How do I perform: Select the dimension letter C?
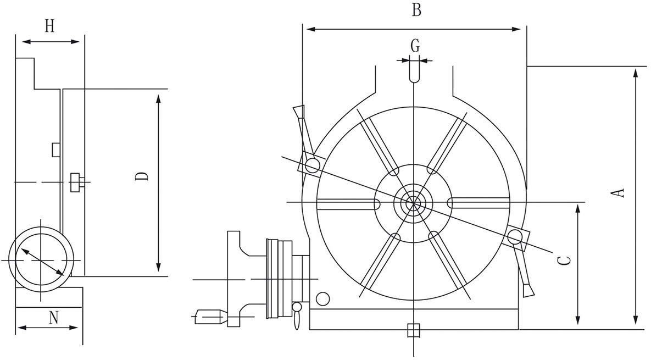click(564, 261)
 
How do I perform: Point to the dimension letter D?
click(142, 176)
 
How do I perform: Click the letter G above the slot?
click(415, 46)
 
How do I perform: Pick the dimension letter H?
click(50, 26)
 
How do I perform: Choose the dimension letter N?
click(53, 318)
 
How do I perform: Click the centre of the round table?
click(414, 203)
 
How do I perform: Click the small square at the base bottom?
click(414, 330)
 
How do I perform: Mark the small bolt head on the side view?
click(77, 182)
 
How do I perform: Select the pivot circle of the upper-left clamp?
click(312, 166)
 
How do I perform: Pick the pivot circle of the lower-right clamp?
click(515, 238)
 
